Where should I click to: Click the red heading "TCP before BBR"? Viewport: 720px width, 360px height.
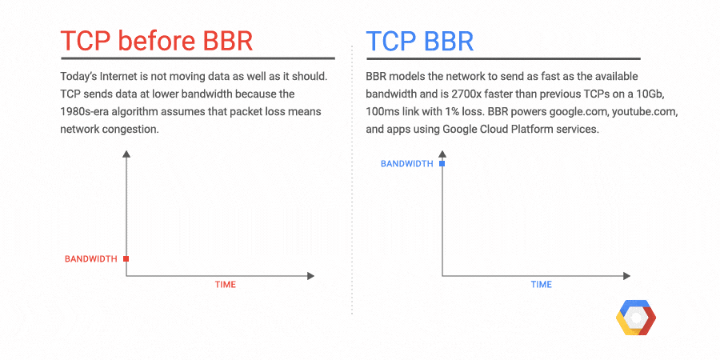click(x=157, y=41)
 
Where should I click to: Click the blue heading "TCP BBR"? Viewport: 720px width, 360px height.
click(x=419, y=41)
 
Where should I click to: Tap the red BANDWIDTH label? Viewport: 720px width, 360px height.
click(x=91, y=258)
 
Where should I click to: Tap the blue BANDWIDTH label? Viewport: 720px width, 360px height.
click(x=406, y=163)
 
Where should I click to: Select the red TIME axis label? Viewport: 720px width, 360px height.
click(x=225, y=285)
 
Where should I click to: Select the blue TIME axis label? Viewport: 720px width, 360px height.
click(x=541, y=285)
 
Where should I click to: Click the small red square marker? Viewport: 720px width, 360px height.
click(x=126, y=258)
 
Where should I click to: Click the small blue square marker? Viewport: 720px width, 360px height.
click(x=442, y=163)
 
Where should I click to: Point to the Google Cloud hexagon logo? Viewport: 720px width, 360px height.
click(x=636, y=320)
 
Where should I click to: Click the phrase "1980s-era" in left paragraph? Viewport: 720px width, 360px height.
click(x=87, y=113)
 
